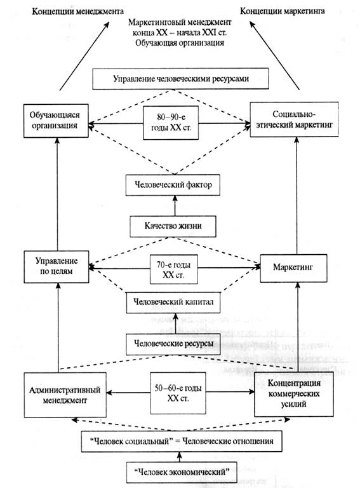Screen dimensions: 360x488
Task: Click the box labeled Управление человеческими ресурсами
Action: coord(180,79)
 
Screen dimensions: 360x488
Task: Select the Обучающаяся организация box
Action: coord(56,121)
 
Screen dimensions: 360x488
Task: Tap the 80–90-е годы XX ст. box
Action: coord(171,123)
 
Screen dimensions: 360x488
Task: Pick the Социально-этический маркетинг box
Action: coord(295,119)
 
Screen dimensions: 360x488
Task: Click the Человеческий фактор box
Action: coord(173,185)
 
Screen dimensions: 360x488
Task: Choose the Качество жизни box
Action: coord(173,226)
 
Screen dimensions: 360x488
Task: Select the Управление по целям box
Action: coord(57,267)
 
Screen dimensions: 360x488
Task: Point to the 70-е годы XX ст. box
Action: coord(174,269)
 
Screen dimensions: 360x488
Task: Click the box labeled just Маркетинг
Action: coord(293,268)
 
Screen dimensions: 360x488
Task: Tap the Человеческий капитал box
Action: coord(173,302)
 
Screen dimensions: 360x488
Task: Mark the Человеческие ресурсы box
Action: coord(173,344)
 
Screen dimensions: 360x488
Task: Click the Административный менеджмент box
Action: coord(65,395)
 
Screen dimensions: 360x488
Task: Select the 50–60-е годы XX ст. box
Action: coord(178,393)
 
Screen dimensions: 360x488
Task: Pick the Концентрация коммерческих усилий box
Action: coord(294,394)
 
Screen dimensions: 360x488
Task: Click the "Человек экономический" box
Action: coord(182,472)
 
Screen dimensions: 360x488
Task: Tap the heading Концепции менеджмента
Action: coord(77,11)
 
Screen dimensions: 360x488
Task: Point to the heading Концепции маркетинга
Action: coord(283,11)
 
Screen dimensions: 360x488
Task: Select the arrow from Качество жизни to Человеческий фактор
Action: coord(175,206)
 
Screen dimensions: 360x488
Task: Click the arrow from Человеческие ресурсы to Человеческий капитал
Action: coord(176,323)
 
